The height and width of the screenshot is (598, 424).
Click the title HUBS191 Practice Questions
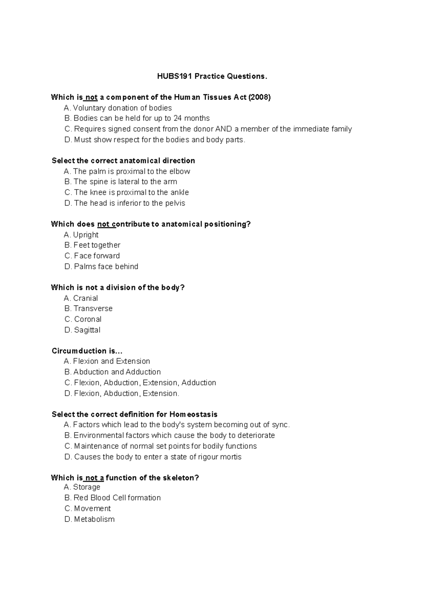[x=212, y=76]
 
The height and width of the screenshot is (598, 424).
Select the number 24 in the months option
[x=178, y=118]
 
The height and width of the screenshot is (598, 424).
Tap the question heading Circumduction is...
[x=87, y=351]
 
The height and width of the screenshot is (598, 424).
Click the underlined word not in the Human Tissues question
[x=91, y=97]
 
